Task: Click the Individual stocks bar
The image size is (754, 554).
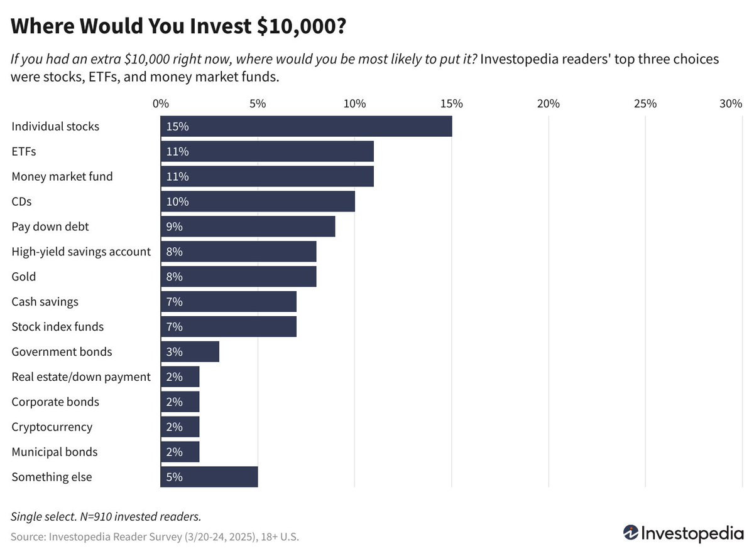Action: click(306, 126)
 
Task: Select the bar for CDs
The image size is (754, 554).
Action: click(258, 201)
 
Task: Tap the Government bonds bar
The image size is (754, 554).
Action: click(190, 352)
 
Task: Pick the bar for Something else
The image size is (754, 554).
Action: click(209, 477)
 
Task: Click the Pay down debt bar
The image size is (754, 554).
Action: click(248, 226)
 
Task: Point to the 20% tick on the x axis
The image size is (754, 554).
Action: click(549, 104)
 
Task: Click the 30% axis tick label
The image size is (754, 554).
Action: click(731, 104)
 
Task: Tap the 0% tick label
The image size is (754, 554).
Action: click(161, 104)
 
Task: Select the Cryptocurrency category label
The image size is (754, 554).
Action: click(52, 427)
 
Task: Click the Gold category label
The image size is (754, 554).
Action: click(24, 277)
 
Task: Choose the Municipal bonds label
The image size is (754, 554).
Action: click(55, 452)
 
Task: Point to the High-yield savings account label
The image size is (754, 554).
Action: click(81, 252)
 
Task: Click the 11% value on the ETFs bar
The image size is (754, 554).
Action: click(177, 151)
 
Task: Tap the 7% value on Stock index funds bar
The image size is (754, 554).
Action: click(174, 327)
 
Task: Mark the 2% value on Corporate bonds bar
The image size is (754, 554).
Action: click(174, 402)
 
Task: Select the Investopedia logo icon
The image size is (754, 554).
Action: click(631, 533)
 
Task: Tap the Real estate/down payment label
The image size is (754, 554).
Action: click(81, 376)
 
